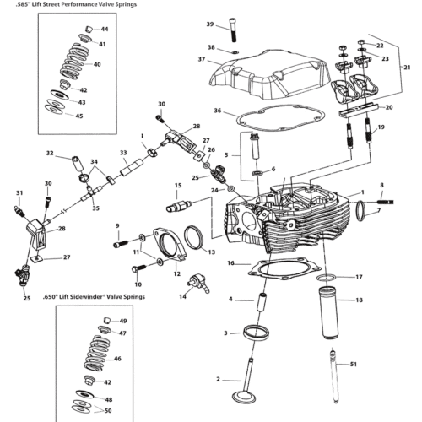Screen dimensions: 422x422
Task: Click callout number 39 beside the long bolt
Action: point(209,24)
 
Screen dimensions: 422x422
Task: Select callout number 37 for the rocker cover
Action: point(202,59)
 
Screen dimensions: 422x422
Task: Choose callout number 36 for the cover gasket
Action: point(218,111)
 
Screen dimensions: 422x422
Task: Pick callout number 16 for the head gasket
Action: point(230,263)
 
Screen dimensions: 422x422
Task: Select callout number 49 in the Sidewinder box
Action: point(122,322)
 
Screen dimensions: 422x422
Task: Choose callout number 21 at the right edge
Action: point(408,67)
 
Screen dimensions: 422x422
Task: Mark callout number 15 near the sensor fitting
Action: point(179,185)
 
